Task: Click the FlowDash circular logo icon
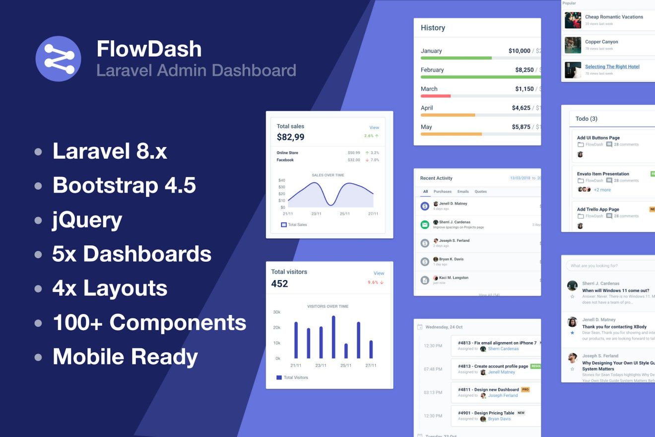58,59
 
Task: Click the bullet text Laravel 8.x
110,151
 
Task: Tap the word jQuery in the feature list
87,219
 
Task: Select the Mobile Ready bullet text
125,357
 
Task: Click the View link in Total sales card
374,128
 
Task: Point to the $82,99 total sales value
291,137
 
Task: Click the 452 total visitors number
279,284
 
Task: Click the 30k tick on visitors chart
276,312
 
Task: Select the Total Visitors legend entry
295,377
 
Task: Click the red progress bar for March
436,96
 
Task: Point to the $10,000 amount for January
519,51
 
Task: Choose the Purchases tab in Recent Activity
443,191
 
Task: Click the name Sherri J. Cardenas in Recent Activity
454,222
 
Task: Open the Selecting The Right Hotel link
612,67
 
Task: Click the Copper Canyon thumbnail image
573,45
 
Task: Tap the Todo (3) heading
586,119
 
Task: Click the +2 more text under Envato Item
602,190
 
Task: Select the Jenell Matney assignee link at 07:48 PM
501,372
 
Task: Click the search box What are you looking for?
610,266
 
